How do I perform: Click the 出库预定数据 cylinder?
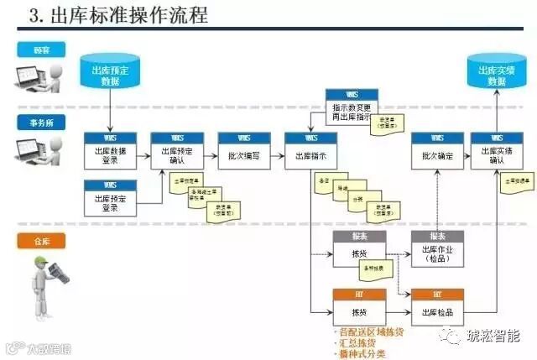[x=110, y=73]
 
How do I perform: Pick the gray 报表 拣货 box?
[x=359, y=249]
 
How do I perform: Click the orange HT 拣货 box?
[x=359, y=306]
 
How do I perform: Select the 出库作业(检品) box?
[x=437, y=249]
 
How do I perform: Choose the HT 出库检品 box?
[x=437, y=306]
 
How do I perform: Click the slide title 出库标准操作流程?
[x=126, y=15]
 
